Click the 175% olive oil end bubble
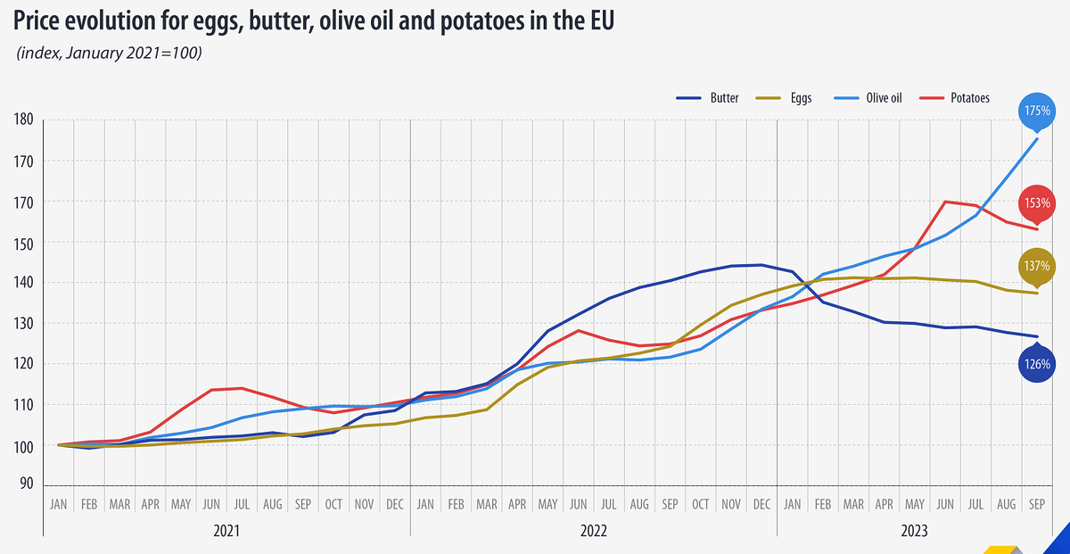click(1037, 112)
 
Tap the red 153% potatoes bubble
click(1037, 203)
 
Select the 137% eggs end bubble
click(1037, 266)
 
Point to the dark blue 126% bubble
click(1037, 364)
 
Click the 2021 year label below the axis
click(226, 530)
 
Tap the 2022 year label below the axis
click(594, 530)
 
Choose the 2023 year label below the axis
click(915, 530)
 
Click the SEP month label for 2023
click(1037, 504)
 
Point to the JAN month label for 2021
click(58, 504)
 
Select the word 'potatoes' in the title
click(481, 21)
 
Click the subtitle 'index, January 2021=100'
click(109, 54)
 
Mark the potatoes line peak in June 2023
click(945, 202)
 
